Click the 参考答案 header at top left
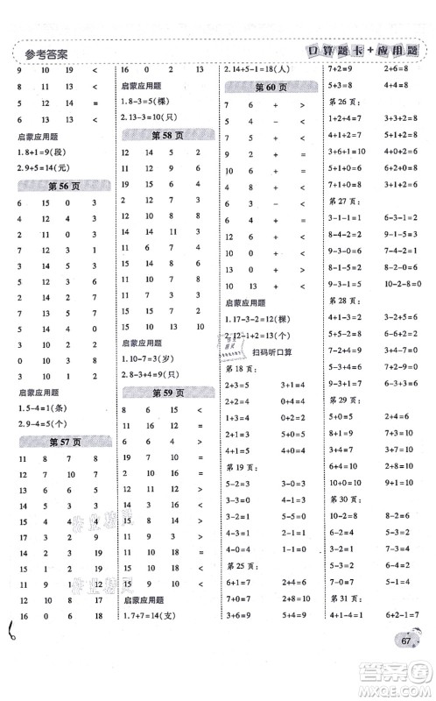[44, 53]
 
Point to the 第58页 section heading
[165, 134]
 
